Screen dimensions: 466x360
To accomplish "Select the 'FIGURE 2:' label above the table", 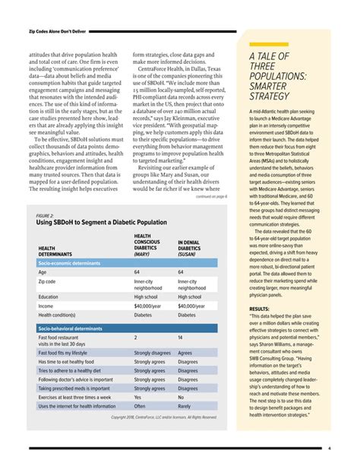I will pyautogui.click(x=47, y=215).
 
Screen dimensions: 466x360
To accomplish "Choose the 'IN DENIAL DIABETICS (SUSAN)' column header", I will pyautogui.click(x=195, y=249).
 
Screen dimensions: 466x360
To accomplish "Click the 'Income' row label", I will pyautogui.click(x=47, y=306).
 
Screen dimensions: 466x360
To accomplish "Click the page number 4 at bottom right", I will pyautogui.click(x=339, y=449).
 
